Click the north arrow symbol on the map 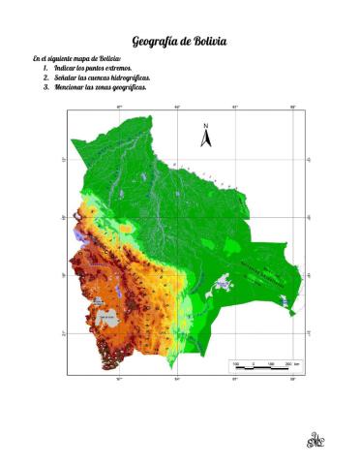pos(205,139)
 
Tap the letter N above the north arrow pos(205,127)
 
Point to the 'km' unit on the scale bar pos(296,363)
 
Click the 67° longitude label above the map pos(120,107)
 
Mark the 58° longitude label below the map pos(293,381)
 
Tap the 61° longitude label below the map pos(235,381)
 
